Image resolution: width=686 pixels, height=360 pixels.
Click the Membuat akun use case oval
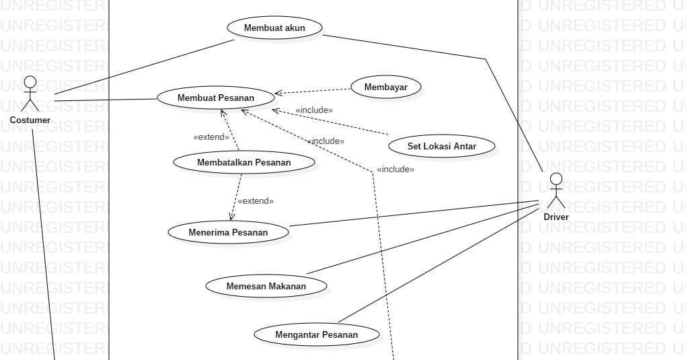pos(275,28)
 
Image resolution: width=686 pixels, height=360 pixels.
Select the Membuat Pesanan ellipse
pos(216,98)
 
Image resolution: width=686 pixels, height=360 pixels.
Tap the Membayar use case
pos(386,87)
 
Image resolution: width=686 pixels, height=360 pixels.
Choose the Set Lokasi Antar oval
pos(442,146)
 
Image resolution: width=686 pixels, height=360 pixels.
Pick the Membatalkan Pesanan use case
pos(244,162)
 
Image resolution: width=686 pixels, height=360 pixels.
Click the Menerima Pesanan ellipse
pos(229,232)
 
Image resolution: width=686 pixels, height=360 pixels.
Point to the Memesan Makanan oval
pos(266,286)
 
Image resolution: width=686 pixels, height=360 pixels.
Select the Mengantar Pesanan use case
pos(317,334)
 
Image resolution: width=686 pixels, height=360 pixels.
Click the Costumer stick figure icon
pos(30,94)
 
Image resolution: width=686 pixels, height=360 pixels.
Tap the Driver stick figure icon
pos(556,190)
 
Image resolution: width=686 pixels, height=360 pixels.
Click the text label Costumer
pos(30,120)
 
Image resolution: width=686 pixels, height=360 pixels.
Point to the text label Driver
pos(556,217)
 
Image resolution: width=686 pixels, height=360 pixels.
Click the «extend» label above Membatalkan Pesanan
pos(211,137)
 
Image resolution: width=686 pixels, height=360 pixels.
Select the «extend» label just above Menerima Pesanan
pos(256,201)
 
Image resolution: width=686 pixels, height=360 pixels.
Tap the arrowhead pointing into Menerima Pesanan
pos(231,217)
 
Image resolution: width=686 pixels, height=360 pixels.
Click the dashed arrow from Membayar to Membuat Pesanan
pos(313,91)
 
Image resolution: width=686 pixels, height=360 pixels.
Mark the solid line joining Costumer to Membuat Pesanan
pos(106,100)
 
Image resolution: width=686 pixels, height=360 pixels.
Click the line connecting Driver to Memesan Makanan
pos(422,239)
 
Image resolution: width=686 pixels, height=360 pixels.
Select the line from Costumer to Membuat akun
pos(145,67)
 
